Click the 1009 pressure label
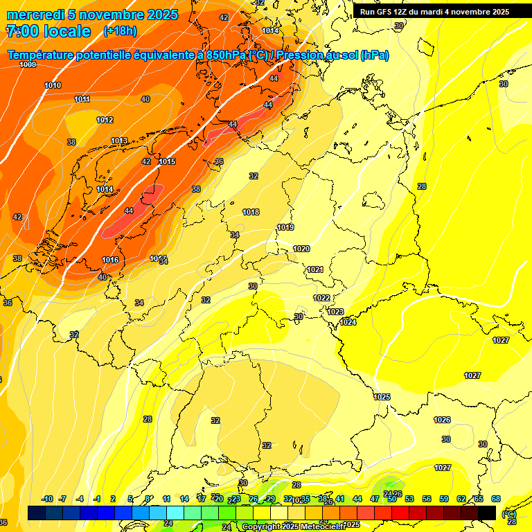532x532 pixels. tap(28, 64)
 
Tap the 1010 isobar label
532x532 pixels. tap(53, 85)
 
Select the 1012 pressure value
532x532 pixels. tap(105, 120)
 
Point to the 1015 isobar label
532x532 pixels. tap(167, 161)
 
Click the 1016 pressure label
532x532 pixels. tap(110, 260)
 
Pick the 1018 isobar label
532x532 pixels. tap(251, 212)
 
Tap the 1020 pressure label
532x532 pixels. tap(301, 249)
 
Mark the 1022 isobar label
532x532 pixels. tap(321, 298)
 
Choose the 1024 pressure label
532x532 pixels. tap(348, 322)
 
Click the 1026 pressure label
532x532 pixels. tap(442, 420)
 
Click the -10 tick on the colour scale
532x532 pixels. tap(47, 499)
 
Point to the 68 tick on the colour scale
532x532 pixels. tap(496, 499)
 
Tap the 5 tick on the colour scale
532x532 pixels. tap(130, 499)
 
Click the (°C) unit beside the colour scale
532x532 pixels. tap(509, 514)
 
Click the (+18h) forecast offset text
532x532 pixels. tap(120, 31)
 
